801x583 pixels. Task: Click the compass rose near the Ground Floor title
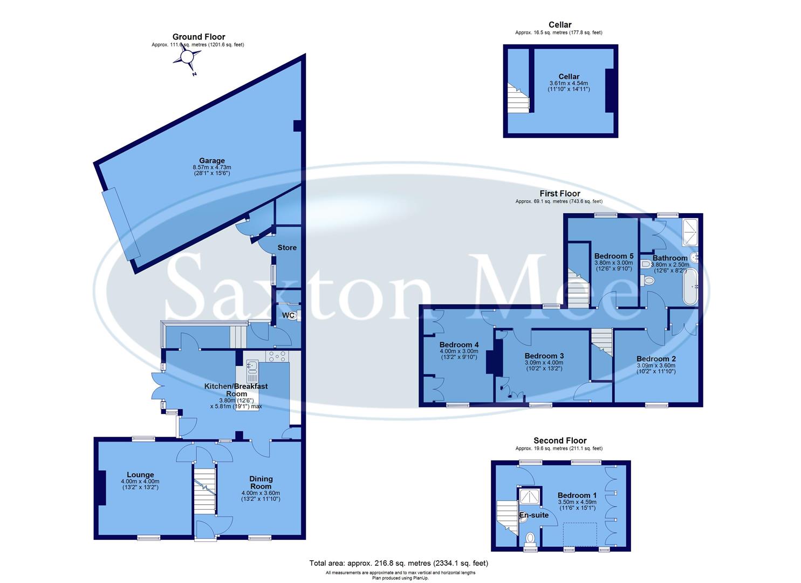[x=186, y=57]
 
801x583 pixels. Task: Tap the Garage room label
[x=212, y=160]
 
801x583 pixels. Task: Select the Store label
[x=287, y=248]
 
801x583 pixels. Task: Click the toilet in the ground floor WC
[x=293, y=316]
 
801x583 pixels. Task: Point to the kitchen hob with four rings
[x=276, y=356]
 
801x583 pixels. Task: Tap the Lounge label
[x=140, y=475]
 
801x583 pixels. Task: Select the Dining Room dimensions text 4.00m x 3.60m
[x=261, y=493]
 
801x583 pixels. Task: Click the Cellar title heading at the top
[x=560, y=24]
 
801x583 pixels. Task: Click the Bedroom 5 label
[x=614, y=256]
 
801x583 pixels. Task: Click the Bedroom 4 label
[x=459, y=345]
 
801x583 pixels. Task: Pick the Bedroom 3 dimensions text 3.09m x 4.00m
[x=544, y=363]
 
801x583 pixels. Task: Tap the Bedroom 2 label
[x=656, y=358]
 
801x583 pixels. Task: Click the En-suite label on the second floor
[x=533, y=515]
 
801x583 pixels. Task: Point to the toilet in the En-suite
[x=531, y=538]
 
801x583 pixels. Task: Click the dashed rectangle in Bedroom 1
[x=580, y=534]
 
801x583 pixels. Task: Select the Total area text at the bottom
[x=399, y=563]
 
